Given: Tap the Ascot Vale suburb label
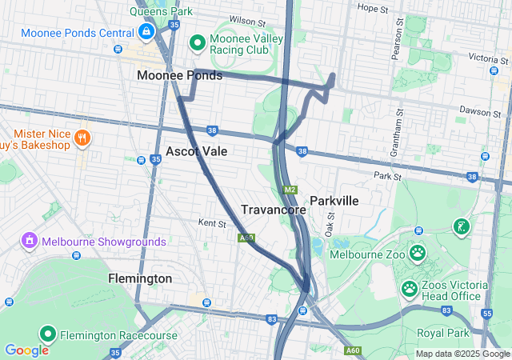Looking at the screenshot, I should tap(197, 151).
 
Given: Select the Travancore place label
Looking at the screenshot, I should tap(274, 209).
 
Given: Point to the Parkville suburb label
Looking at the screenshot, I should tap(334, 200).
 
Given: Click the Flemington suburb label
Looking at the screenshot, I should tap(140, 278).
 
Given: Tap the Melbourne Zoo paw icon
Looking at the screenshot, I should tap(418, 254).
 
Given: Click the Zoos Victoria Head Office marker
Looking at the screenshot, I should tap(410, 287).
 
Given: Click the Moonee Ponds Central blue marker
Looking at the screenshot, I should tap(146, 32).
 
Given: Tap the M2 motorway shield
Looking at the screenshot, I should tap(290, 190).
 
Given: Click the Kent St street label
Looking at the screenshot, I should tap(212, 222).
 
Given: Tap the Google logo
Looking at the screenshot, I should tap(26, 350).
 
